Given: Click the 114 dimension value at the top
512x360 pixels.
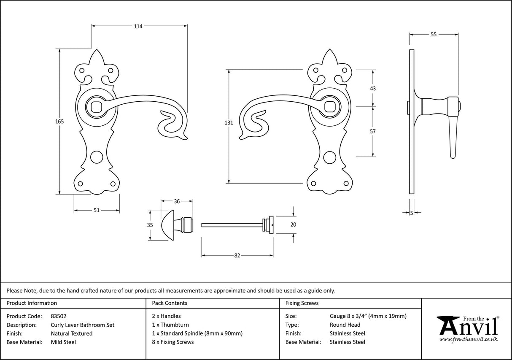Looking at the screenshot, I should tap(138, 26).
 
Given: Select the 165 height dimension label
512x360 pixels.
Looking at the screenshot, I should tap(59, 122).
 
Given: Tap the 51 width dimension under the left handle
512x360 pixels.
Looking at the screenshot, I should tap(97, 210).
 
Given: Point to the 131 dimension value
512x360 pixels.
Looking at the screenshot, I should tap(229, 123).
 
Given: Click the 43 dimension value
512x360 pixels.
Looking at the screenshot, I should tap(372, 89).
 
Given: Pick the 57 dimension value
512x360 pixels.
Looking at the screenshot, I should tap(372, 131).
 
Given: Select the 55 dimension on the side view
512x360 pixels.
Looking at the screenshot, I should tap(434, 35).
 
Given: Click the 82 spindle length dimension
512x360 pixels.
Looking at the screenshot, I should tap(237, 255).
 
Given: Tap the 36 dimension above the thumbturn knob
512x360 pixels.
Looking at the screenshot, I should tap(177, 201).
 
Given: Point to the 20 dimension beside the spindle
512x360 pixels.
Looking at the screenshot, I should tap(294, 225).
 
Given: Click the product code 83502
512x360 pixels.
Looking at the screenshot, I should tap(59, 316).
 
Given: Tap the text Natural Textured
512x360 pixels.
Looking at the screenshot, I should tap(72, 333).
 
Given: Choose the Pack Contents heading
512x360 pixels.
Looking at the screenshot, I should tap(169, 303).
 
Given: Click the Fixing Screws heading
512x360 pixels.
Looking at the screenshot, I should tap(302, 303).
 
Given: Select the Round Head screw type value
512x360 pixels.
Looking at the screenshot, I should tap(345, 325).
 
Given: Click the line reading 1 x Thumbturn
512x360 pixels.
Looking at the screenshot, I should tap(170, 325).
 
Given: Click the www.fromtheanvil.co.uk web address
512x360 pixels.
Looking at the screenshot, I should tap(468, 339).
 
